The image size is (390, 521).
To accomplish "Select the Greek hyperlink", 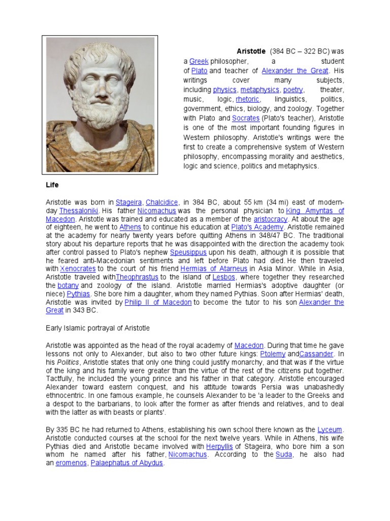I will pyautogui.click(x=199, y=61).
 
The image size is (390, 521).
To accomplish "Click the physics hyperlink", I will pyautogui.click(x=224, y=90).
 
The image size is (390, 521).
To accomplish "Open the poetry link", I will pyautogui.click(x=293, y=90).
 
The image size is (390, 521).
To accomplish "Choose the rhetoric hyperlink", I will pyautogui.click(x=248, y=99).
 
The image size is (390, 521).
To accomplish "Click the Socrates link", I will pyautogui.click(x=246, y=118).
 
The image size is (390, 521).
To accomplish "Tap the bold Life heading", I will pyautogui.click(x=52, y=185).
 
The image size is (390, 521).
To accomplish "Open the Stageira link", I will pyautogui.click(x=128, y=202).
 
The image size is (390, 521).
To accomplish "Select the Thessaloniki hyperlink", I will pyautogui.click(x=79, y=211).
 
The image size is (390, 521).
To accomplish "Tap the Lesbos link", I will pyautogui.click(x=224, y=277).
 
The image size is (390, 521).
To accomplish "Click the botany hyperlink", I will pyautogui.click(x=68, y=285).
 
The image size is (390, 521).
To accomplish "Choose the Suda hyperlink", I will pyautogui.click(x=283, y=454).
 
